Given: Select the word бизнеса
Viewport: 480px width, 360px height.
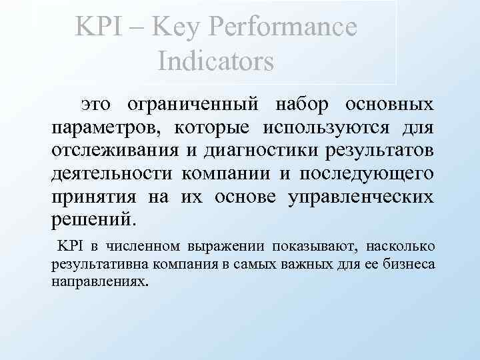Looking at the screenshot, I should click(x=411, y=264).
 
